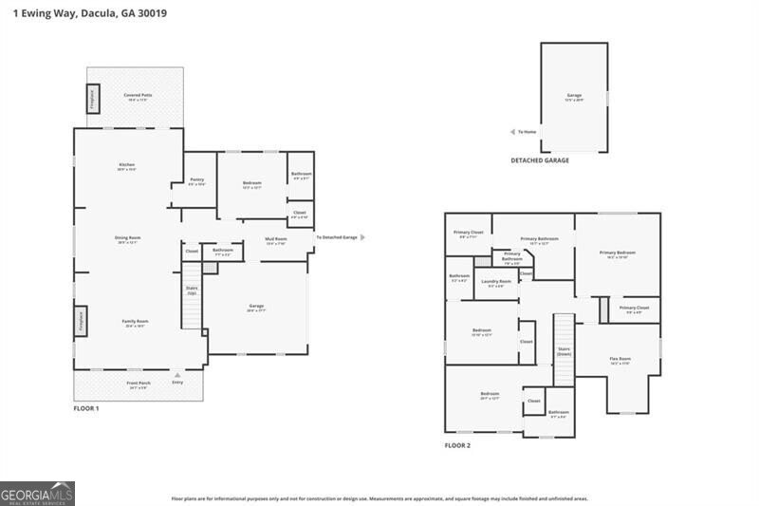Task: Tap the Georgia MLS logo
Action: coord(37,494)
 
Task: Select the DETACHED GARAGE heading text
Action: coord(540,161)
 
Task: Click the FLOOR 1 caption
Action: coord(86,408)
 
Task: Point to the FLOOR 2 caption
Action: coord(457,445)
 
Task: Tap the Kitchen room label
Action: coord(126,166)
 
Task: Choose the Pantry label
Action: coord(196,179)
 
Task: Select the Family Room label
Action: coord(135,322)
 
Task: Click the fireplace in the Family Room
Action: coord(80,320)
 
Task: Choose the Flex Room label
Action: coord(620,359)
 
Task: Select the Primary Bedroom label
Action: coord(617,253)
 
